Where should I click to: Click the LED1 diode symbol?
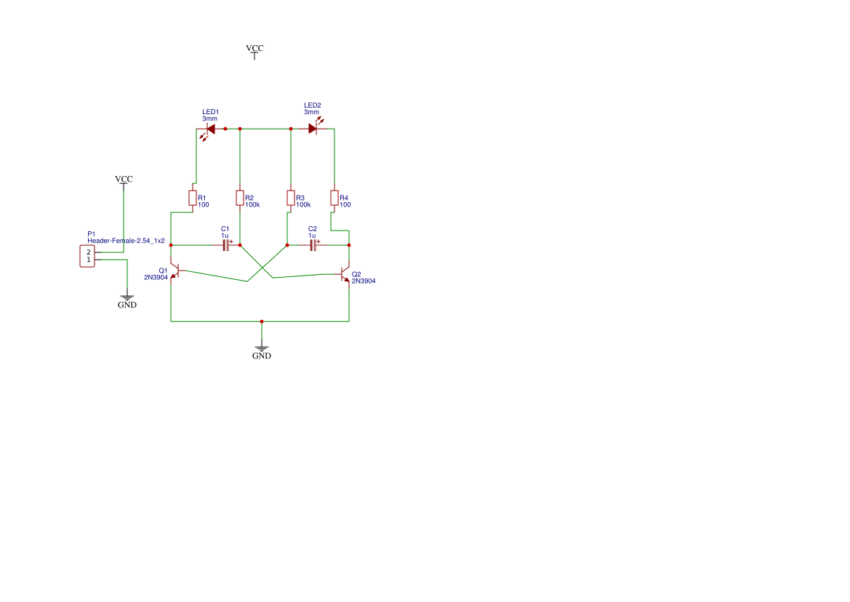click(x=210, y=129)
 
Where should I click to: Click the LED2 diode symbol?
click(x=313, y=129)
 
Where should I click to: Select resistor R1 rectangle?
click(x=193, y=198)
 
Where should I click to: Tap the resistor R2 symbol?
click(x=240, y=198)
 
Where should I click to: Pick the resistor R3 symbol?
click(x=291, y=198)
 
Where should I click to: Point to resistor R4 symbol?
click(x=334, y=198)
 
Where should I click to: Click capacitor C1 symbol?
click(x=226, y=245)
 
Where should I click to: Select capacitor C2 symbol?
click(x=313, y=245)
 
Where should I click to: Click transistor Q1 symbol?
click(x=174, y=271)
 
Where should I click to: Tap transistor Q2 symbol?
click(x=346, y=275)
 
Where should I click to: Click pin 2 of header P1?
click(x=89, y=252)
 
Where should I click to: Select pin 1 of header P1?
click(x=89, y=260)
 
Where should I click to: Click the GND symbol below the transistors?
click(x=262, y=350)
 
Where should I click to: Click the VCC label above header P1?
click(x=124, y=179)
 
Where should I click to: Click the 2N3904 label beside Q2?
click(x=364, y=281)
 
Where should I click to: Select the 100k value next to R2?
click(x=252, y=205)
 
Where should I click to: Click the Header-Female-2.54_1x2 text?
click(x=126, y=241)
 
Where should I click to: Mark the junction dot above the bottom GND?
click(x=262, y=321)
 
